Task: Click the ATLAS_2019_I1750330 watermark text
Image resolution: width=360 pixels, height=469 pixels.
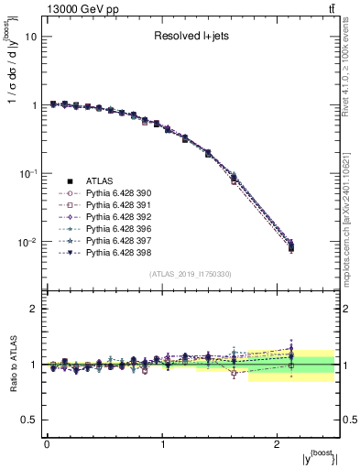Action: (190, 274)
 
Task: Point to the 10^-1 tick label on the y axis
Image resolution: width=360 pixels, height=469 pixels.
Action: (27, 173)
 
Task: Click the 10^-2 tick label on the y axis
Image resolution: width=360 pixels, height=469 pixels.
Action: (27, 242)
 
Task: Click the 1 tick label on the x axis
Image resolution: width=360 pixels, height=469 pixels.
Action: (162, 444)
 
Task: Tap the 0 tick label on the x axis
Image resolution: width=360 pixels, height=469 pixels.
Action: (47, 444)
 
